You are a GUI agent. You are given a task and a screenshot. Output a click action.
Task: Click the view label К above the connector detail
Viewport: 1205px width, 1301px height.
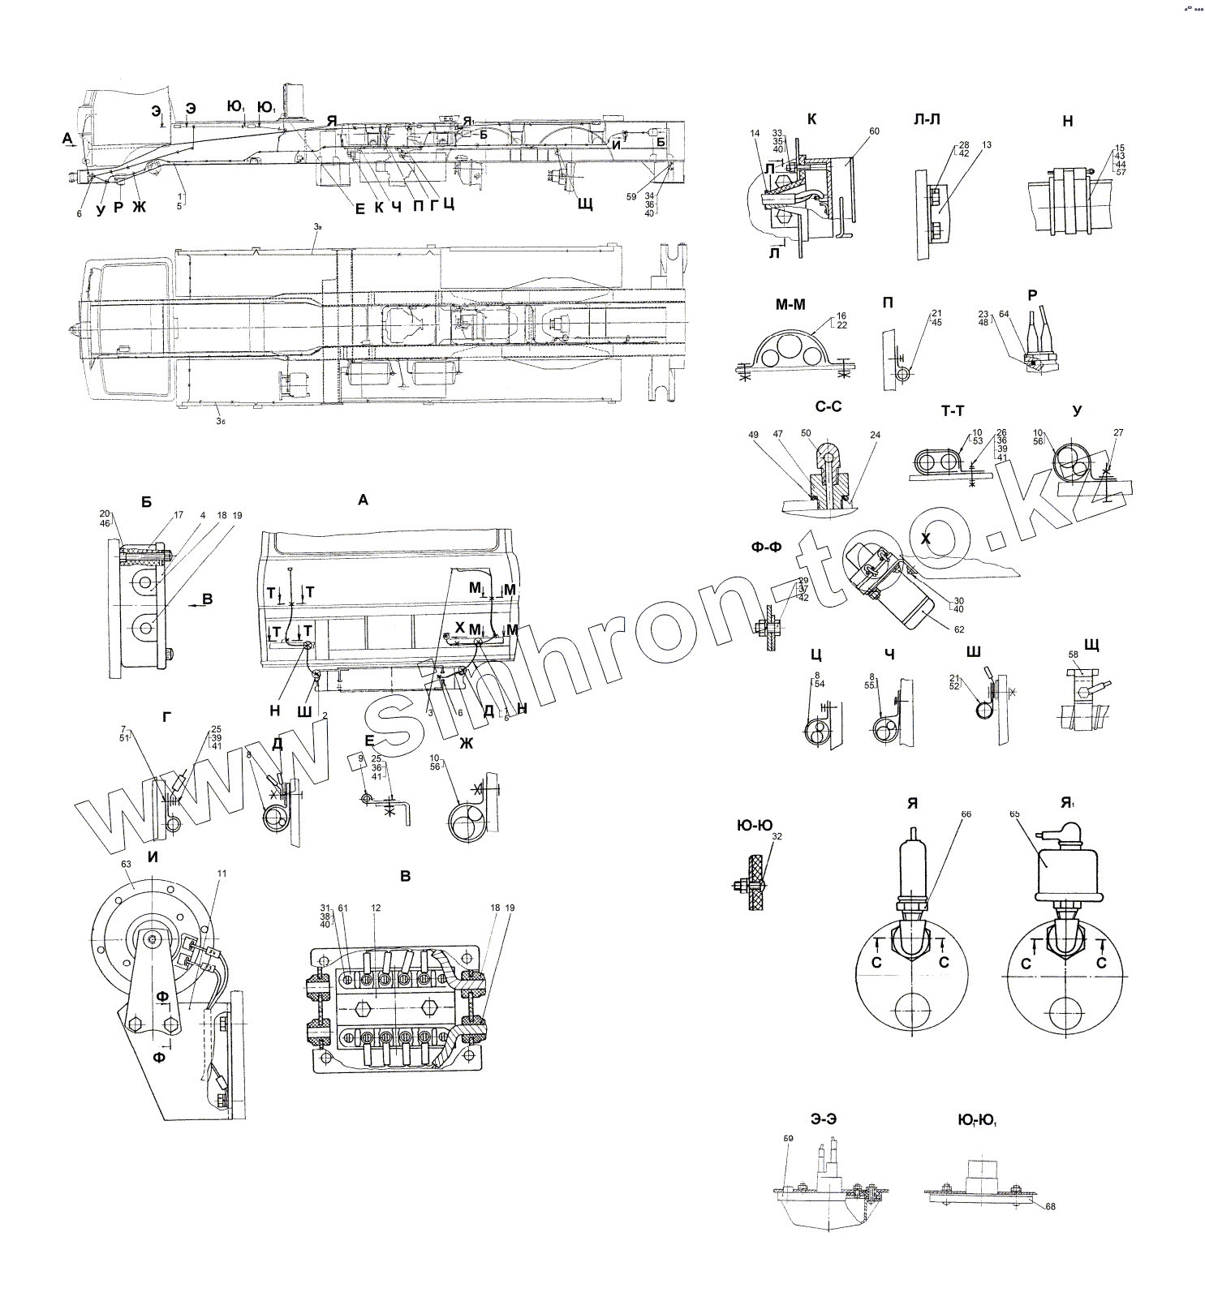point(811,119)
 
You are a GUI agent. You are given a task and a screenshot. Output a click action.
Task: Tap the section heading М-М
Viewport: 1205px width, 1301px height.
point(791,304)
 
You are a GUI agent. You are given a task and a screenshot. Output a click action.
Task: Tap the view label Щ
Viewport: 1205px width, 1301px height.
point(1091,644)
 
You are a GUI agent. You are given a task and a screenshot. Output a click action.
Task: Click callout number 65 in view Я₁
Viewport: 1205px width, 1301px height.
point(1013,813)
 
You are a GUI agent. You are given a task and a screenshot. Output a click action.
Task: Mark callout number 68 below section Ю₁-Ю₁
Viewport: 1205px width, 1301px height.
point(1051,1206)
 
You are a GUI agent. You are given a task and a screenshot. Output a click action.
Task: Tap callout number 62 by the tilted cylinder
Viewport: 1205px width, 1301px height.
point(960,628)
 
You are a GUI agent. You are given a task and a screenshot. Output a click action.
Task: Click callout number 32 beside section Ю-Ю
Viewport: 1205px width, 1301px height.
point(777,835)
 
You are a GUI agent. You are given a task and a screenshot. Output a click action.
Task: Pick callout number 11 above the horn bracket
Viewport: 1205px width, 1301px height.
point(222,874)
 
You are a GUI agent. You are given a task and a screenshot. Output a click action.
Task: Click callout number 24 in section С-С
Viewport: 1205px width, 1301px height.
point(875,435)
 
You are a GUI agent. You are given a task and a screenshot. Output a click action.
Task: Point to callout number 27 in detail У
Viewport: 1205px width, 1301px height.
point(1118,433)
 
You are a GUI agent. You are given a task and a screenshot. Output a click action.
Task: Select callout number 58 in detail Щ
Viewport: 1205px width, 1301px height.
point(1073,654)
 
